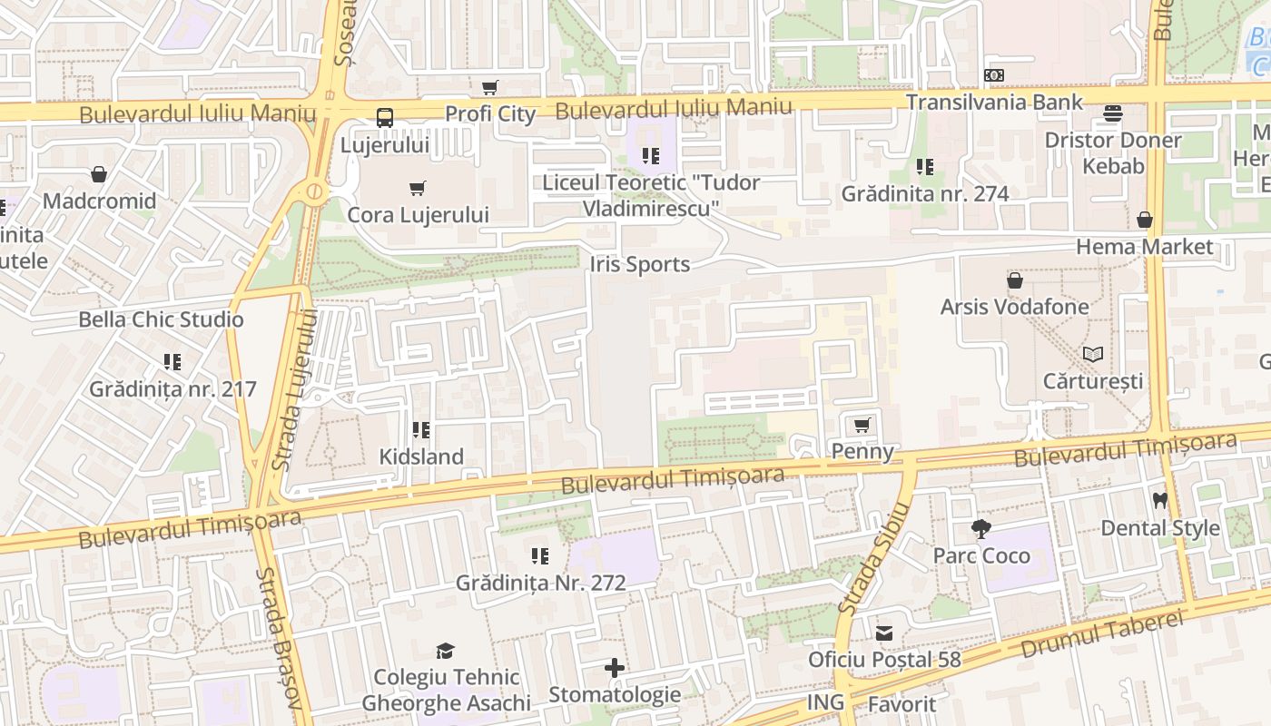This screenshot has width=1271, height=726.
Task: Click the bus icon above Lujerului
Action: (x=385, y=117)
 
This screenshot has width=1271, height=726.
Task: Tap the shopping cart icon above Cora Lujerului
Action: (x=418, y=188)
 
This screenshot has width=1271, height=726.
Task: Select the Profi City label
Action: (x=489, y=113)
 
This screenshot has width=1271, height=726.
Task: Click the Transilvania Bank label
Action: (x=994, y=102)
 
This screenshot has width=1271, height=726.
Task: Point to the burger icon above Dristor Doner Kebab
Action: (x=1113, y=113)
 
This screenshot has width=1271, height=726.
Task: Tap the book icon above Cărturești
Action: (x=1093, y=354)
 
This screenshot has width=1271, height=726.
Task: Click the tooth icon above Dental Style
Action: (x=1159, y=500)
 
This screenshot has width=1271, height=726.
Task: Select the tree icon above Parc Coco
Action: (x=980, y=528)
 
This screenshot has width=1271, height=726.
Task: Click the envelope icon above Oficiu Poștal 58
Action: (x=884, y=633)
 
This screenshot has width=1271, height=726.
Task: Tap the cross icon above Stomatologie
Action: (x=615, y=669)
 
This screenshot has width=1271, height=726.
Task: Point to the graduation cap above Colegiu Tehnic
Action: (x=445, y=651)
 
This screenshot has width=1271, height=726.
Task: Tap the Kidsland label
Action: (x=421, y=456)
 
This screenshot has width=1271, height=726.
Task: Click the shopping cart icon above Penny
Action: (x=862, y=425)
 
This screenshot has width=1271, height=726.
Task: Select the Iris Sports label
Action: (x=640, y=264)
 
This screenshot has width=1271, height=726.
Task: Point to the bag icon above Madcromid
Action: (x=99, y=174)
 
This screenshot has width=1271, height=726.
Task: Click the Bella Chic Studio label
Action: (x=161, y=319)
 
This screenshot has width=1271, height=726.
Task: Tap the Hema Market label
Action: (x=1144, y=247)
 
